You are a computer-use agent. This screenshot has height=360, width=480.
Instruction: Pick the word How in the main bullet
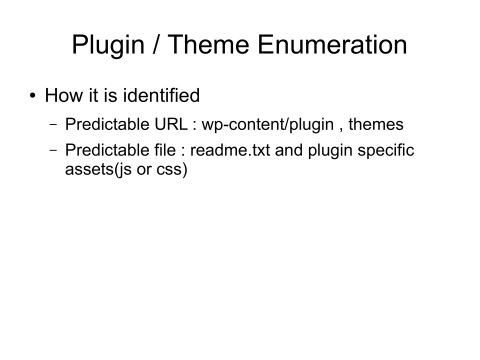point(65,96)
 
